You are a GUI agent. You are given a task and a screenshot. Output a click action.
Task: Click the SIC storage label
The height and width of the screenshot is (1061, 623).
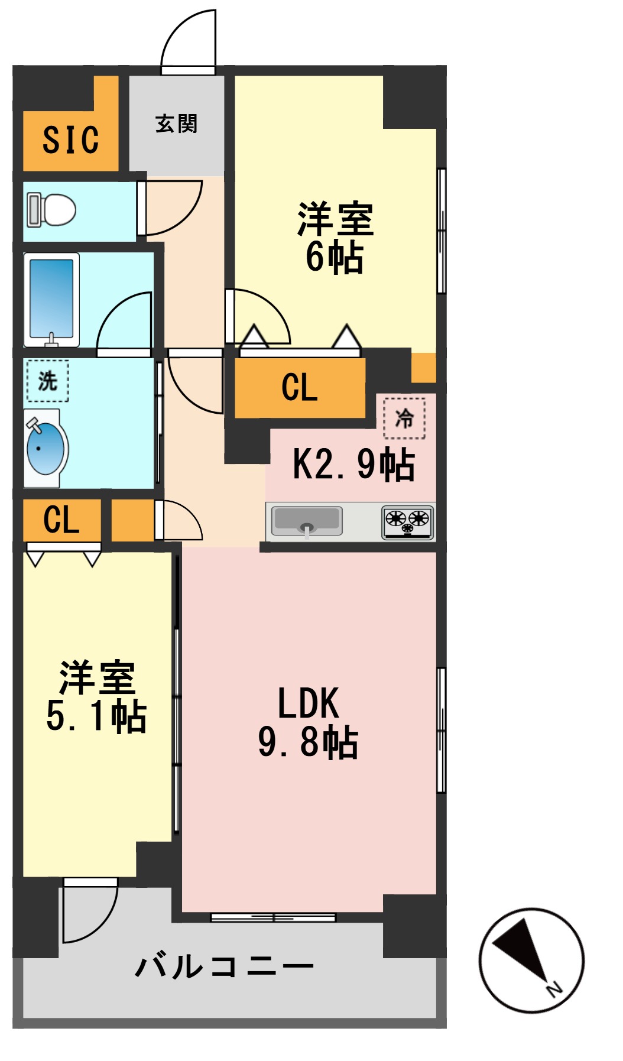[70, 140]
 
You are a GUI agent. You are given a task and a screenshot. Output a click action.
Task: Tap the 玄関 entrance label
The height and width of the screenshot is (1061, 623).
[176, 124]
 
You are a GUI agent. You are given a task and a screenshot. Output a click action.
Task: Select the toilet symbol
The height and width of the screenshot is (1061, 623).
[52, 210]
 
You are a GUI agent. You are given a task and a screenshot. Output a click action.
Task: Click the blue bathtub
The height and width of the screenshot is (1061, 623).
[51, 299]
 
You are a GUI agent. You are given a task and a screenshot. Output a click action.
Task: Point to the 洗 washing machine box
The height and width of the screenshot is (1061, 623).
[47, 381]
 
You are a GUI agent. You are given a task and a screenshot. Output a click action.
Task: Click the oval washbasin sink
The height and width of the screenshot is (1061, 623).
[46, 449]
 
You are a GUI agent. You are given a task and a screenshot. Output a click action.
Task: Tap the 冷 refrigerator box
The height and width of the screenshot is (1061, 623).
[404, 418]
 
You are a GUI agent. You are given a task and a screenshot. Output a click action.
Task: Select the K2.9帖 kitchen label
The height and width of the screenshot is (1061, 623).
[353, 464]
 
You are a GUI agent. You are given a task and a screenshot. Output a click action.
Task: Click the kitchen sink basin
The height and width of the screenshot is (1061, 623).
[307, 521]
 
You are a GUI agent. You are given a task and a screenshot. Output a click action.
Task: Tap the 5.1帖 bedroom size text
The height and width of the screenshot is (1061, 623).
[96, 716]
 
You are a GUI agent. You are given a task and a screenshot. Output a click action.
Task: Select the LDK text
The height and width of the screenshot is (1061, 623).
[308, 703]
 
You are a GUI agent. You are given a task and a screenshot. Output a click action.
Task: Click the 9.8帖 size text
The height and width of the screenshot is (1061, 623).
[308, 742]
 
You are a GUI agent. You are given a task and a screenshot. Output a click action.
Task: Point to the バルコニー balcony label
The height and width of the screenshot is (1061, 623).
[224, 966]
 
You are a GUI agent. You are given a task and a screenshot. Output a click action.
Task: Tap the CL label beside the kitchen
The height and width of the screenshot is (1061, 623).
[300, 388]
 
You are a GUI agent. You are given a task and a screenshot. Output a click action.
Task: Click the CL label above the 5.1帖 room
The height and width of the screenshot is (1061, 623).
[61, 520]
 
